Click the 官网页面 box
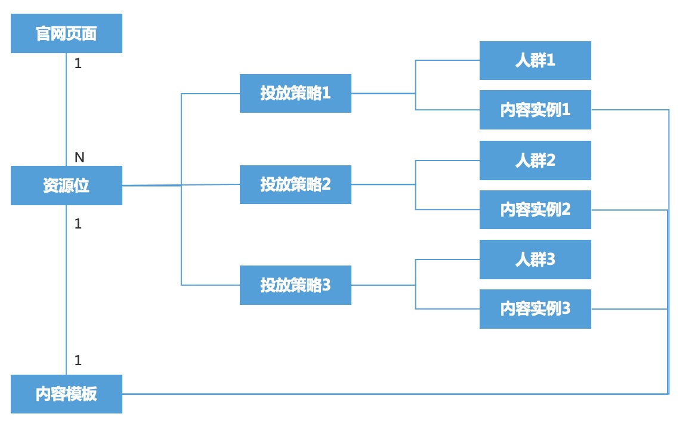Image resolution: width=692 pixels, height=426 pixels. pyautogui.click(x=66, y=33)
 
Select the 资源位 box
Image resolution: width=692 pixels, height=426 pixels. pyautogui.click(x=66, y=186)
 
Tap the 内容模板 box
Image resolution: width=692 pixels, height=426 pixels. pyautogui.click(x=66, y=394)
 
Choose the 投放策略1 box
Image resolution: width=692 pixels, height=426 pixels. pyautogui.click(x=295, y=93)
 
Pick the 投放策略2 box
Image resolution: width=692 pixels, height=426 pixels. pyautogui.click(x=295, y=184)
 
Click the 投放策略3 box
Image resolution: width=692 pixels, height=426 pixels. pyautogui.click(x=295, y=285)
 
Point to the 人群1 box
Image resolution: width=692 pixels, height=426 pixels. pyautogui.click(x=535, y=60)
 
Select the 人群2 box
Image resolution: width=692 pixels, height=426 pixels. pyautogui.click(x=535, y=160)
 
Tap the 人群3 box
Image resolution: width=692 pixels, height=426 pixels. pyautogui.click(x=535, y=260)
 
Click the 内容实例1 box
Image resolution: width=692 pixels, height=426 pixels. pyautogui.click(x=535, y=109)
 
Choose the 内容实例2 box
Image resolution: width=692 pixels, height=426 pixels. pyautogui.click(x=535, y=209)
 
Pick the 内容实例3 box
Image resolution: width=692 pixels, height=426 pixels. pyautogui.click(x=535, y=309)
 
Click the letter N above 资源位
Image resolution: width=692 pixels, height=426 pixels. pyautogui.click(x=79, y=157)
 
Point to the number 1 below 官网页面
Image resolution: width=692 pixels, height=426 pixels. pyautogui.click(x=78, y=64)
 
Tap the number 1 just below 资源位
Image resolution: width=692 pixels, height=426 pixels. pyautogui.click(x=78, y=224)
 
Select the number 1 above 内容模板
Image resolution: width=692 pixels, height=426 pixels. pyautogui.click(x=78, y=360)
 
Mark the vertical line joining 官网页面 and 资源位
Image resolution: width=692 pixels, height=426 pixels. pyautogui.click(x=66, y=109)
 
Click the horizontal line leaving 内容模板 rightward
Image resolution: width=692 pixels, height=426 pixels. pyautogui.click(x=396, y=394)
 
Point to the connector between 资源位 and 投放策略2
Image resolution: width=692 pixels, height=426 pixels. pyautogui.click(x=181, y=185)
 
